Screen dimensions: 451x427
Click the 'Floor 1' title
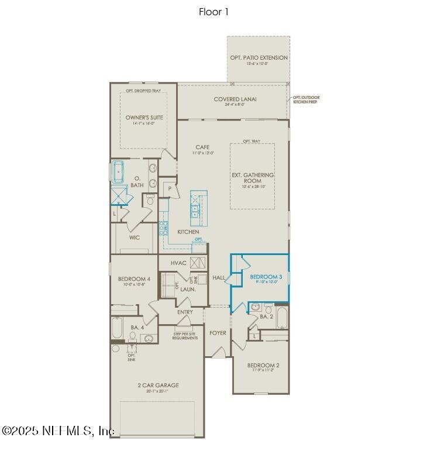tap(213, 12)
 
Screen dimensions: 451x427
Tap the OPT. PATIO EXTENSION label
tap(258, 58)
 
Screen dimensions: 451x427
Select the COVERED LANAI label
tap(235, 99)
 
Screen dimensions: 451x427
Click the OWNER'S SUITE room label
tap(144, 118)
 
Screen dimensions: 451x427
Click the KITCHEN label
tap(188, 232)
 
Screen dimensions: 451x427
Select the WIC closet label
tap(135, 237)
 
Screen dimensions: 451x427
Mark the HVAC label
tap(179, 263)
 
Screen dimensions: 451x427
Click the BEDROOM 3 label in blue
tap(263, 277)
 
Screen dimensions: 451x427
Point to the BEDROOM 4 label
tap(134, 279)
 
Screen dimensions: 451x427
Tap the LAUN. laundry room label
tap(187, 289)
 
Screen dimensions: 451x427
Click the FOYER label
tap(218, 333)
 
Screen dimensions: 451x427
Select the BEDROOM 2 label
tap(261, 365)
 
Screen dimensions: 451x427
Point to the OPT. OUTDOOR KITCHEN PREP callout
tap(306, 99)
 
